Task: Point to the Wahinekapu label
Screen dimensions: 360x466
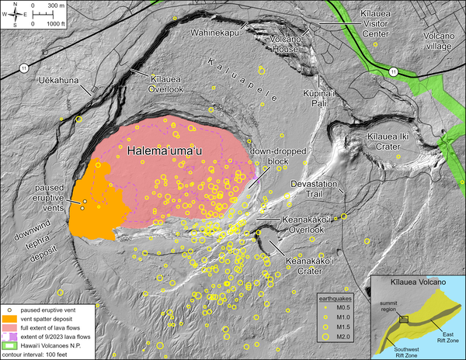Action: [214, 25]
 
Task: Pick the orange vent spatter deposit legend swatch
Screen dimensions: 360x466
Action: [10, 319]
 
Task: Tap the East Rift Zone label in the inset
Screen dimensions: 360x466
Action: [443, 331]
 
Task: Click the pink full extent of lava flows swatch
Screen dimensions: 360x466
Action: [10, 327]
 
